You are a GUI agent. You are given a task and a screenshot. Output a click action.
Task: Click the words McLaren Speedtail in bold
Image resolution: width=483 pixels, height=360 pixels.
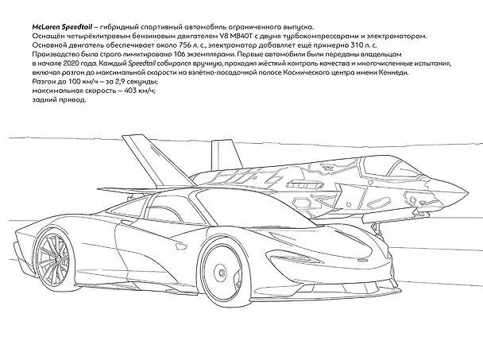62,27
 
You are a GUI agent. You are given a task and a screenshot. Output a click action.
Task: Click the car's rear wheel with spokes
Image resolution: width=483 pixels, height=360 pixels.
56,258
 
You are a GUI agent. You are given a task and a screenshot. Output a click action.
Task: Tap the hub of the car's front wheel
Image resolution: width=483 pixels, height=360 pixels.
221,273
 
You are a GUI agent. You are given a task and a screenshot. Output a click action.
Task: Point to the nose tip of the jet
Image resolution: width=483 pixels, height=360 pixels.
468,194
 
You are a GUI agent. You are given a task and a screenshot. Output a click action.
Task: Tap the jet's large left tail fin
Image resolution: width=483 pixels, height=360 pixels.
157,161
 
